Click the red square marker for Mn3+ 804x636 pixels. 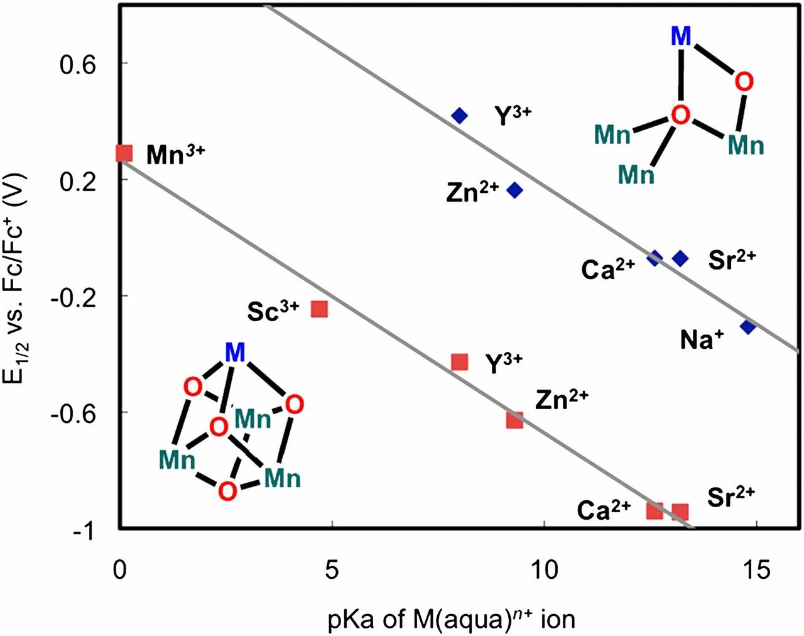(124, 153)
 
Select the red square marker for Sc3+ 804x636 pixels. (319, 309)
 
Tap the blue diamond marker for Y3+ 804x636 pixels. (460, 116)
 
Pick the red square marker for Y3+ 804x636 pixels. (460, 362)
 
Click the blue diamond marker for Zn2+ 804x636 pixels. (515, 190)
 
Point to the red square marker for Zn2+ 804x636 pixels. (515, 420)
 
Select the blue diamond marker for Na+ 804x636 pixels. (747, 326)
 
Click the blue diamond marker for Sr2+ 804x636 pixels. (680, 258)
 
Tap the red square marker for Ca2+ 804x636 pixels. (655, 510)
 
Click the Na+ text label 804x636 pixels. (702, 340)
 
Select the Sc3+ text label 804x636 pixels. (273, 311)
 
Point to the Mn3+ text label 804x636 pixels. (175, 155)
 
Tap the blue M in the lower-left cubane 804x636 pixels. (235, 353)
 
